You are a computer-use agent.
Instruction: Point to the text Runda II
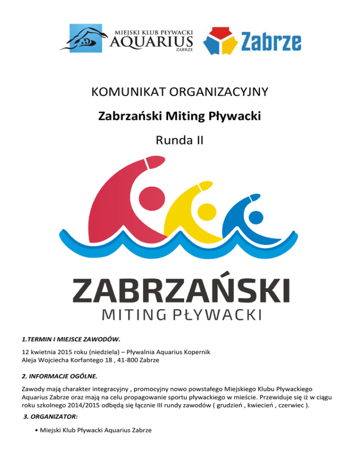pyautogui.click(x=180, y=139)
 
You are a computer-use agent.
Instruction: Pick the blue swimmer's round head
pyautogui.click(x=255, y=217)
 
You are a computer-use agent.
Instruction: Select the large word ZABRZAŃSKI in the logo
pyautogui.click(x=180, y=291)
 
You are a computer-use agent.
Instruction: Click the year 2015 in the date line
pyautogui.click(x=66, y=352)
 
